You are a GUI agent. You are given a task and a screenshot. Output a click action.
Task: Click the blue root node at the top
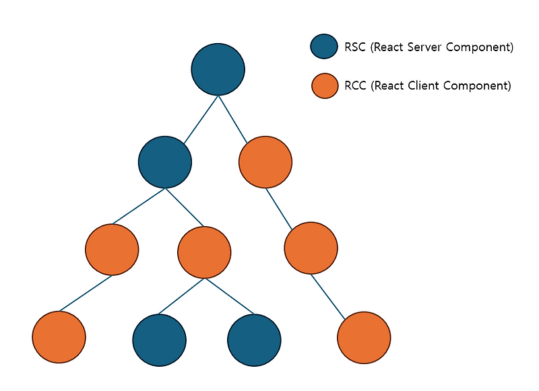click(x=218, y=69)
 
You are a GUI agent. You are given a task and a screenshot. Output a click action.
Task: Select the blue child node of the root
click(x=165, y=162)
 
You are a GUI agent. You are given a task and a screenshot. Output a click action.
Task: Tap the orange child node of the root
click(x=265, y=162)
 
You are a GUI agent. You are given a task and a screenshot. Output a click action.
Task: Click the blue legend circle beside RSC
click(x=323, y=46)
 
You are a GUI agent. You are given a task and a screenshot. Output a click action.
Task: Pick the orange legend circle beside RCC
click(x=325, y=85)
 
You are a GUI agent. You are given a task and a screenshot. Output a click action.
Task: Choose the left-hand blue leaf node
click(x=160, y=340)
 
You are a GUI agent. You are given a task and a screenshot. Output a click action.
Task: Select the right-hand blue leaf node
click(x=254, y=340)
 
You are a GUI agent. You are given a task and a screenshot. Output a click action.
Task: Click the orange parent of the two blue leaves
click(x=204, y=252)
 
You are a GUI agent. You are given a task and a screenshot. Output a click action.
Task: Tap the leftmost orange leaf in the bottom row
click(x=59, y=337)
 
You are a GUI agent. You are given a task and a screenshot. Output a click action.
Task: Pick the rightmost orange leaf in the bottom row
click(x=364, y=337)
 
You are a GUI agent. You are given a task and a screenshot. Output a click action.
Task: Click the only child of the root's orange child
click(x=311, y=248)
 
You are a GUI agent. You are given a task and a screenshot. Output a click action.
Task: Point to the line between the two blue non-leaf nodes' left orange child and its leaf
click(x=85, y=293)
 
